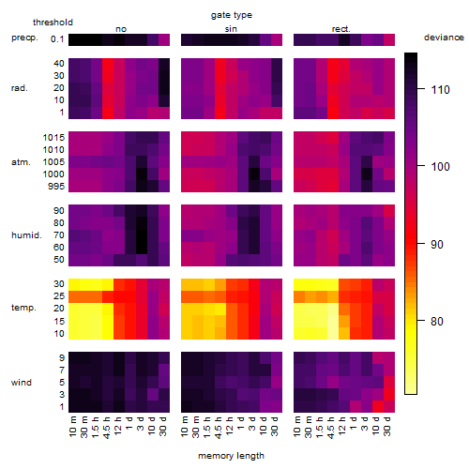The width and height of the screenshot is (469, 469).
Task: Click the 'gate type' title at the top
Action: (232, 15)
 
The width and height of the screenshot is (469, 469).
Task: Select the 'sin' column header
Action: (231, 29)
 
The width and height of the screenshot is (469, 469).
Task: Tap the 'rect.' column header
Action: (340, 29)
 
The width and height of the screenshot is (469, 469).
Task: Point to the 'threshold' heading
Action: (53, 23)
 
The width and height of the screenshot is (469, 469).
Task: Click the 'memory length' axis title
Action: (231, 456)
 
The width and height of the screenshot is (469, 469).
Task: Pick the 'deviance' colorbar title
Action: (444, 38)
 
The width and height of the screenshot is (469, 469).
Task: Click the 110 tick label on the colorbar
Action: (440, 90)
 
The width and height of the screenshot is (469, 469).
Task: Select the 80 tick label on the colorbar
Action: (437, 321)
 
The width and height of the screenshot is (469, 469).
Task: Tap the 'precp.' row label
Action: (24, 38)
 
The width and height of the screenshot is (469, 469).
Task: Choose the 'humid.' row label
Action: (26, 234)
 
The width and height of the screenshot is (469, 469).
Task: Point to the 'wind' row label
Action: (22, 383)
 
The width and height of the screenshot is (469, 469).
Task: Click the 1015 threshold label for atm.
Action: (53, 138)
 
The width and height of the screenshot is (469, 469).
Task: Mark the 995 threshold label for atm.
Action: (56, 187)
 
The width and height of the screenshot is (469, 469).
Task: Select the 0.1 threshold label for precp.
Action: (57, 39)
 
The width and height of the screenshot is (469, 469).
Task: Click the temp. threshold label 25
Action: (59, 295)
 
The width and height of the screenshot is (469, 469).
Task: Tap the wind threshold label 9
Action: (62, 358)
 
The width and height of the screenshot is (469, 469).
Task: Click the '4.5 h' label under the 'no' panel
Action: (106, 427)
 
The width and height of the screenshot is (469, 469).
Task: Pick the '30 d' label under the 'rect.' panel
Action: (387, 426)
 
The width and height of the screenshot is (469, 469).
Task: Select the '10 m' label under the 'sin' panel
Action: (185, 427)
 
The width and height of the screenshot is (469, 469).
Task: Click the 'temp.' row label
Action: (23, 308)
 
